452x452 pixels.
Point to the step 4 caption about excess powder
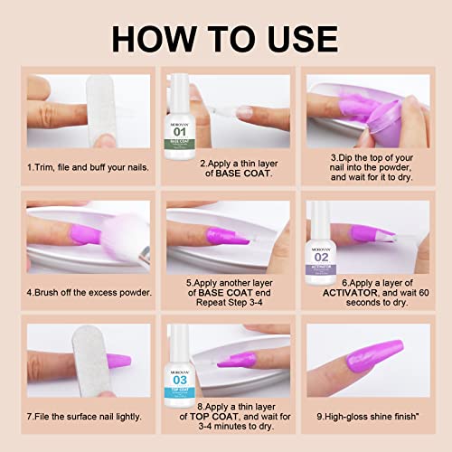[89, 292]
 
